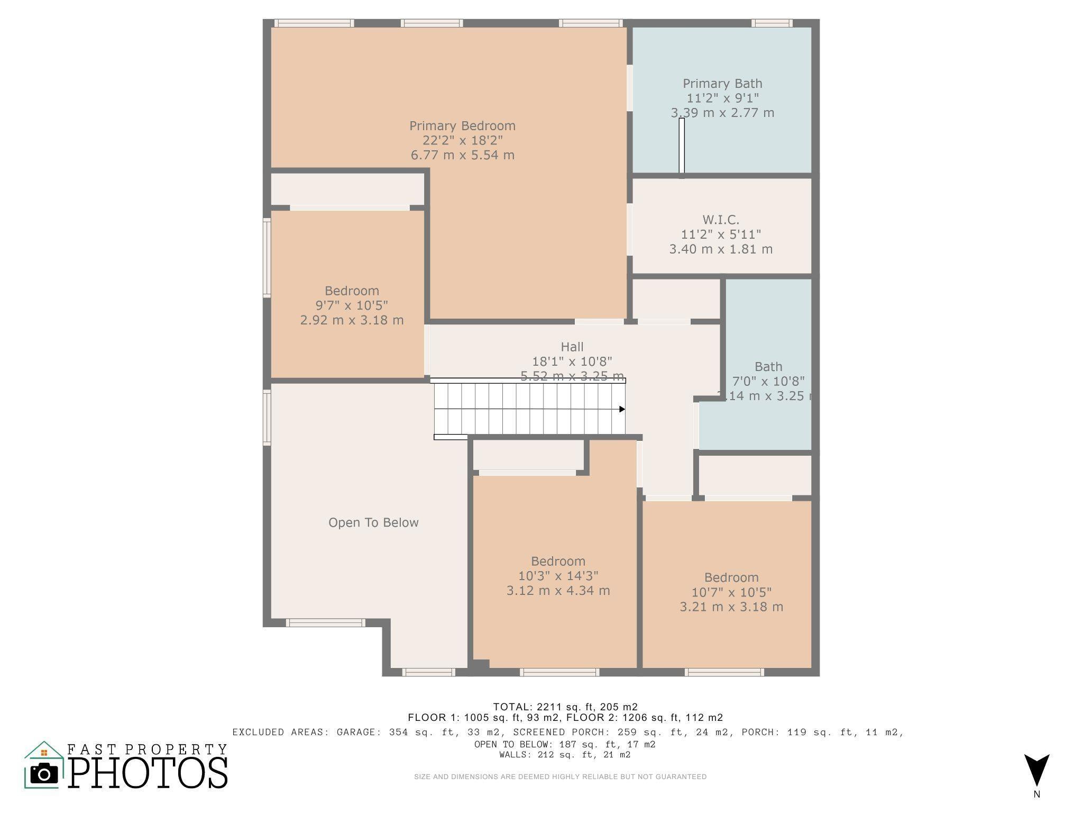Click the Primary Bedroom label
(462, 126)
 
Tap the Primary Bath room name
(722, 84)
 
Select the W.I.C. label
(720, 220)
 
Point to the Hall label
(572, 347)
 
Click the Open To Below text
(373, 523)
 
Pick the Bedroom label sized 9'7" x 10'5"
(352, 291)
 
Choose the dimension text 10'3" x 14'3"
(558, 576)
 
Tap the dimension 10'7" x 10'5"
(731, 592)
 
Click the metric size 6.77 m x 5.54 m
(462, 155)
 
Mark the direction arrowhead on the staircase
(622, 409)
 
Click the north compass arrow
(1036, 770)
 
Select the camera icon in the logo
(44, 774)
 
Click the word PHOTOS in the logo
(148, 772)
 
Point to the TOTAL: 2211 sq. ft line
(565, 707)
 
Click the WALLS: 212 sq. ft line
(565, 755)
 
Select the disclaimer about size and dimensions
(560, 777)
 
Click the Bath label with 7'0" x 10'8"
(768, 367)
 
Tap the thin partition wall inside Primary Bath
(682, 146)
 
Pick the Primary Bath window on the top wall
(772, 23)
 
